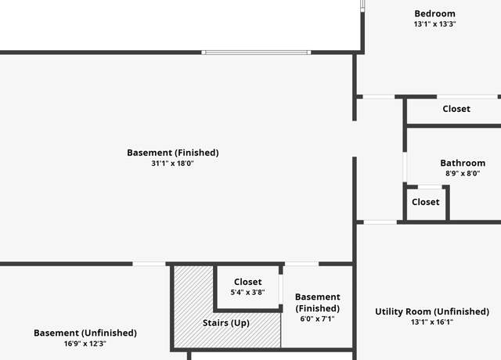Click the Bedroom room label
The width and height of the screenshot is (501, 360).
click(434, 14)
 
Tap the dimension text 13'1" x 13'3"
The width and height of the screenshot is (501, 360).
click(434, 24)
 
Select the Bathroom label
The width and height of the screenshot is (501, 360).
click(463, 163)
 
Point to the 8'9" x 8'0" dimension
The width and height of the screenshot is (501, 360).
click(463, 174)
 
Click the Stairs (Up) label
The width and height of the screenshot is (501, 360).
click(226, 323)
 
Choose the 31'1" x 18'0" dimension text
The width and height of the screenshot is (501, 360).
click(172, 164)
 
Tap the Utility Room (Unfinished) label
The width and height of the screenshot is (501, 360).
click(432, 311)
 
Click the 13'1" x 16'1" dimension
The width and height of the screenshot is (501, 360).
click(432, 322)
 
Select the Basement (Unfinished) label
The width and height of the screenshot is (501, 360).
click(85, 333)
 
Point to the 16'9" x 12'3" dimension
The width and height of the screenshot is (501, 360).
click(85, 344)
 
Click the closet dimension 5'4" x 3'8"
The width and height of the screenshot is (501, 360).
click(247, 292)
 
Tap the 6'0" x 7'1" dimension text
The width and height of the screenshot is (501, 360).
click(317, 319)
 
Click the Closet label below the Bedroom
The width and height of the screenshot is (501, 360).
click(456, 109)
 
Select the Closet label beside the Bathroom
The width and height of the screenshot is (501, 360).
click(426, 202)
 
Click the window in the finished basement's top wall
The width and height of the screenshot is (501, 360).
click(256, 52)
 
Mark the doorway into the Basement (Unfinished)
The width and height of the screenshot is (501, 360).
click(149, 264)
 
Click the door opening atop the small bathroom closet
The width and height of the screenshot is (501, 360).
click(430, 187)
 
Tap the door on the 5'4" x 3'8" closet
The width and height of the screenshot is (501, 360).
click(280, 290)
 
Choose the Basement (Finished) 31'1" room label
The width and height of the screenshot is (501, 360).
click(173, 153)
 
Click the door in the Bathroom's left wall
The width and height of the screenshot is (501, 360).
click(405, 167)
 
